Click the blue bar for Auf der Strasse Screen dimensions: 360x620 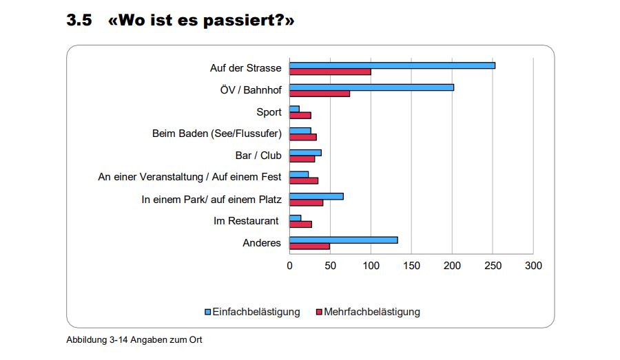pos(392,65)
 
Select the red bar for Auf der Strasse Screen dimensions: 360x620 pos(330,72)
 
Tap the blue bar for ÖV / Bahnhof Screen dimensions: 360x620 pos(371,87)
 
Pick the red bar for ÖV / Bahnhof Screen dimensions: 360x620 pos(320,94)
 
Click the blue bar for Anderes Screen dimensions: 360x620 pos(343,240)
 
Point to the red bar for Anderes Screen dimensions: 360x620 pos(309,246)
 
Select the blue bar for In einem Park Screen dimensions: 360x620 pos(316,196)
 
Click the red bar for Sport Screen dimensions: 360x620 pos(300,115)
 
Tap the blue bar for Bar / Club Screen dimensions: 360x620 pos(305,153)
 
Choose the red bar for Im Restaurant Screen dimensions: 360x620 pos(300,224)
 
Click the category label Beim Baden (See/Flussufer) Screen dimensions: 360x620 pos(216,134)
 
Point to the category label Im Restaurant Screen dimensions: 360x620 pos(246,221)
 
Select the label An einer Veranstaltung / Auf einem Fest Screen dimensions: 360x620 pos(189,177)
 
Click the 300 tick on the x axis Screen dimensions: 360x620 pos(533,266)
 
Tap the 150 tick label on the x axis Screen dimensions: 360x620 pos(411,266)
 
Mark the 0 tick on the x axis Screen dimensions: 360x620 pos(289,266)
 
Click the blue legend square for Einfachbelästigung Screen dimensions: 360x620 pos(208,312)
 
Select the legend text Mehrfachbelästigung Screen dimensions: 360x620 pos(371,312)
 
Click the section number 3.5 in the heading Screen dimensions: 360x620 pos(79,21)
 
